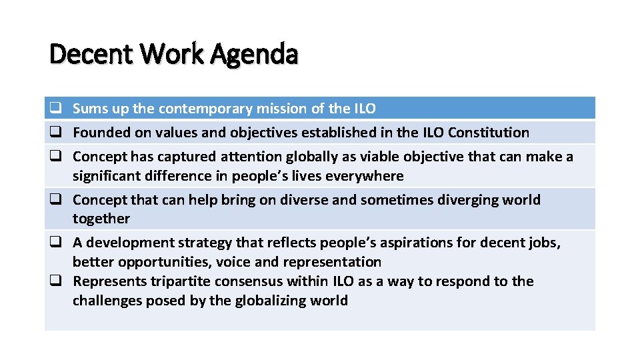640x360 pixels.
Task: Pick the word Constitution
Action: pyautogui.click(x=489, y=133)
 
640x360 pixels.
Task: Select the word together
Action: pyautogui.click(x=101, y=219)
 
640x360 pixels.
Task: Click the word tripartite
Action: pyautogui.click(x=190, y=281)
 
